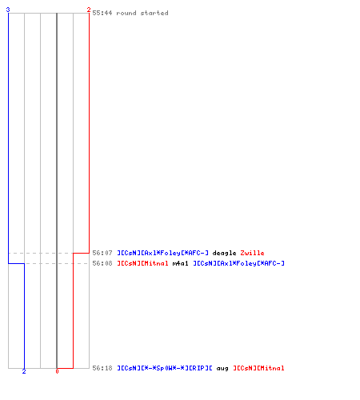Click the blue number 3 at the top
coord(8,10)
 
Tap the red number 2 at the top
coord(89,10)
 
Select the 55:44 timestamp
coord(102,13)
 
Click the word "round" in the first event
coord(126,13)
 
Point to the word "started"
coord(154,13)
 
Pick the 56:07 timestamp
coord(102,253)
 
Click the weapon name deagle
coord(224,253)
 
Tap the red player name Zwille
coord(252,253)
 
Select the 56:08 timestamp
coord(102,263)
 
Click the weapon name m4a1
coord(180,263)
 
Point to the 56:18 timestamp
coord(102,368)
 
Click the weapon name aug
coord(222,369)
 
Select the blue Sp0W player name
coord(165,368)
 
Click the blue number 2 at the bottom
coord(24,371)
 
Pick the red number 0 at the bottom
coord(57,371)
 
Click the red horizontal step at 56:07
coord(81,253)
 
